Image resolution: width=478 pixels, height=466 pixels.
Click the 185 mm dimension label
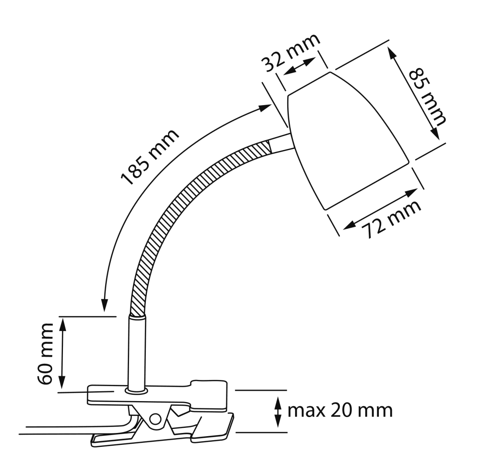[150, 157]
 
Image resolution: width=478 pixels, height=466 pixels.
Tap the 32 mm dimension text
[290, 53]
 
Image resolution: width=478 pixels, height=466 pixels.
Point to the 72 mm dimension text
[392, 219]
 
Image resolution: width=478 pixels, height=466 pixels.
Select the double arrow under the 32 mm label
[300, 66]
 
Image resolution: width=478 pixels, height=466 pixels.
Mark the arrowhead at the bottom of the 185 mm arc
[105, 306]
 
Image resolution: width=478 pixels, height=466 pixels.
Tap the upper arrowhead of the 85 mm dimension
[392, 53]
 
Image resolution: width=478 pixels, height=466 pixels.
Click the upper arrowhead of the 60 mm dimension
[63, 324]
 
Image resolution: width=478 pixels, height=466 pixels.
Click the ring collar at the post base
[137, 391]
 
